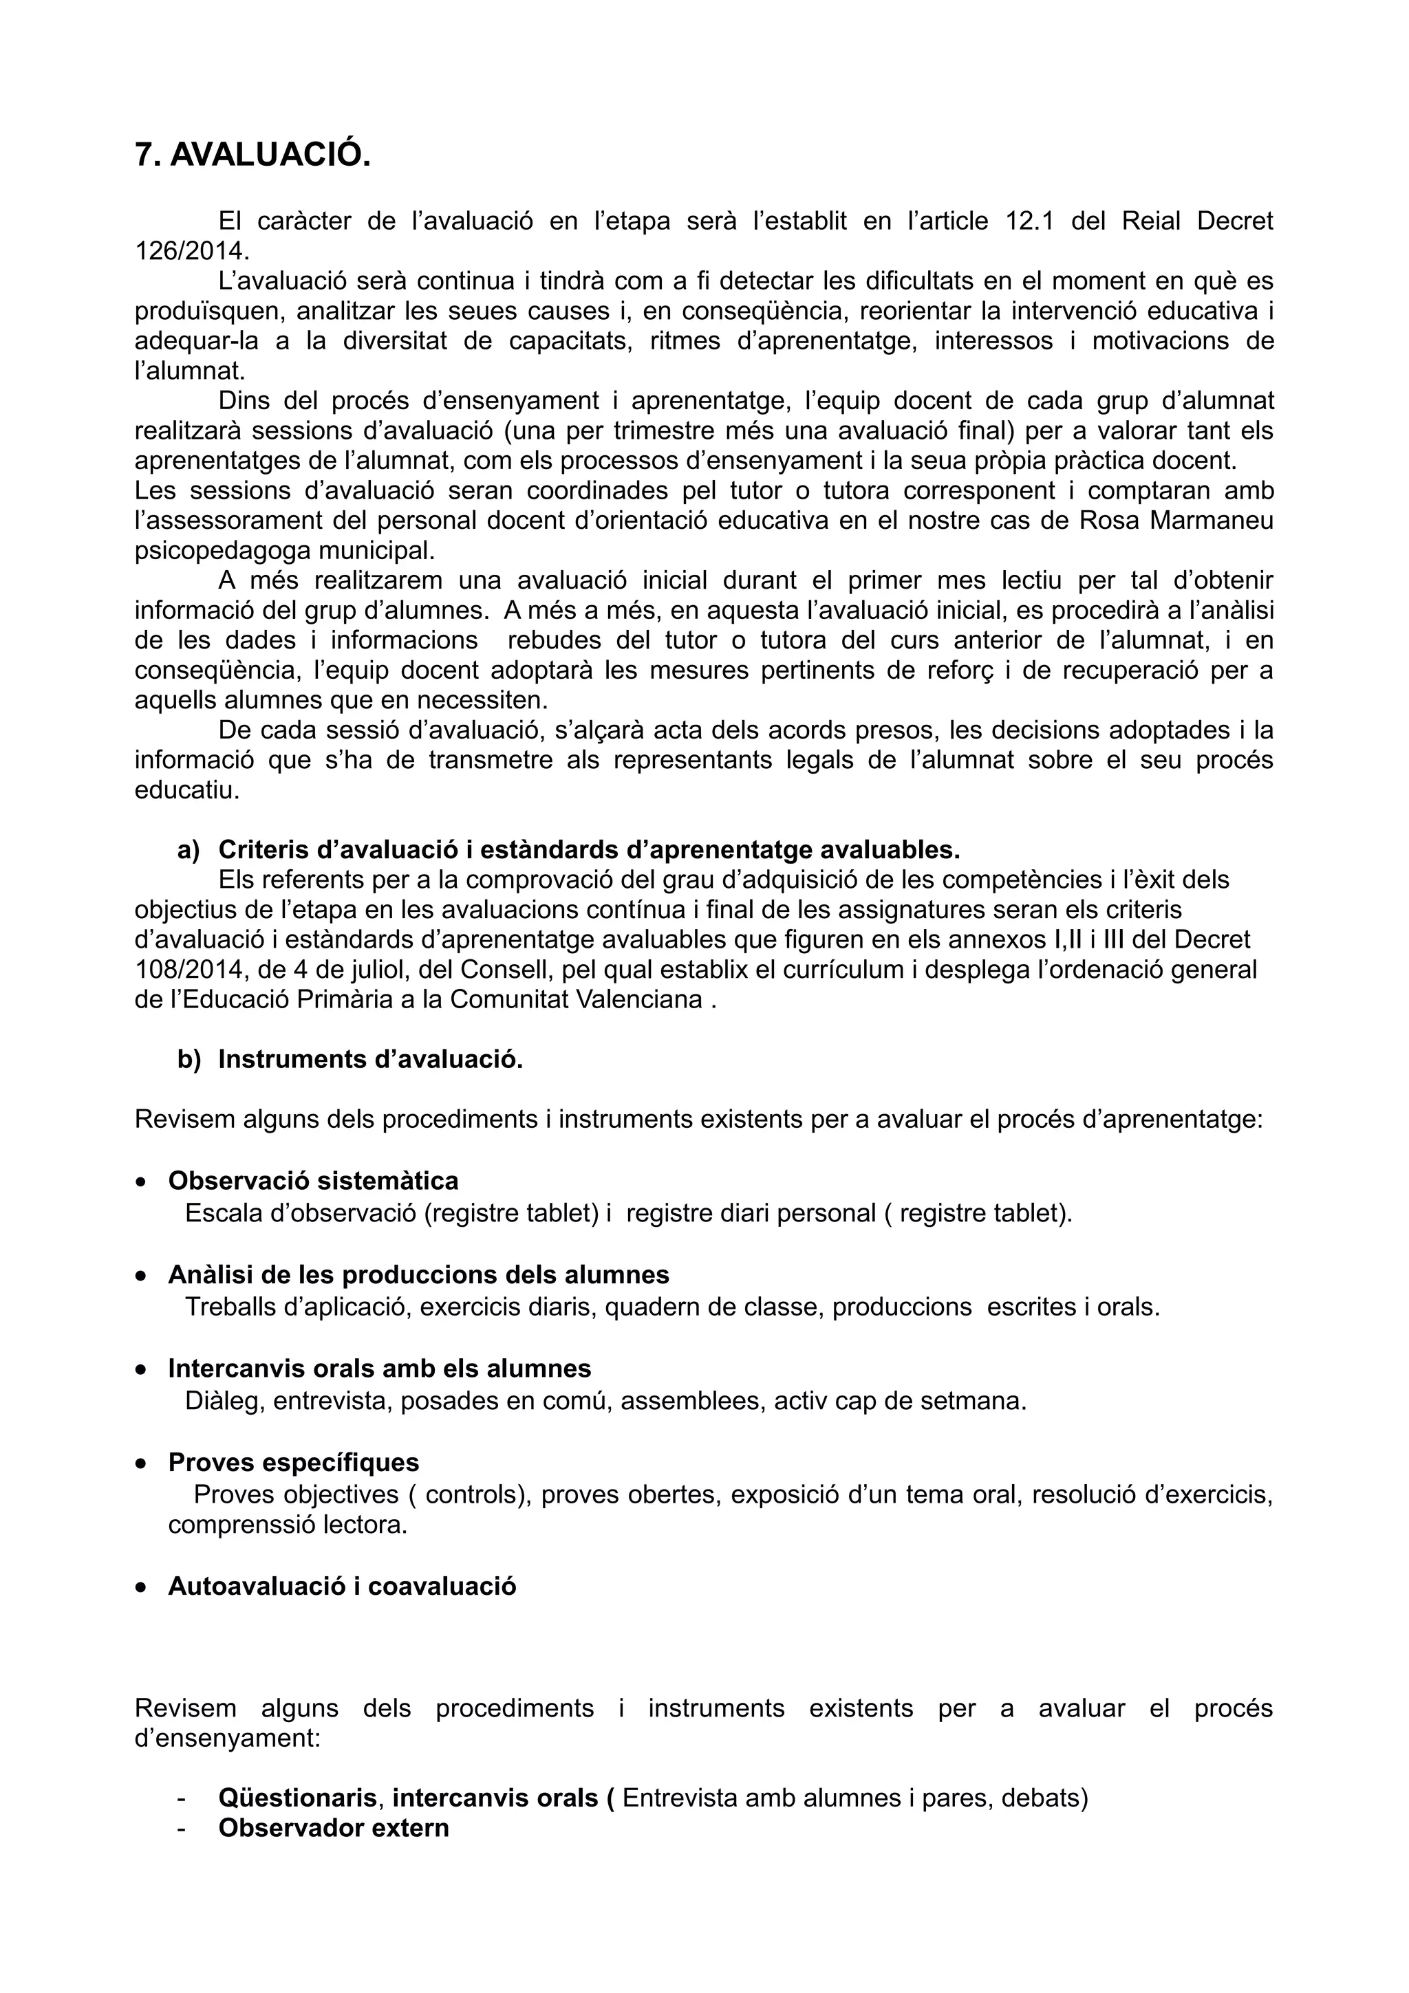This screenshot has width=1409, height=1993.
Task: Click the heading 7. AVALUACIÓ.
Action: pos(252,155)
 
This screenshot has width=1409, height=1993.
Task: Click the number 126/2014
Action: pos(190,251)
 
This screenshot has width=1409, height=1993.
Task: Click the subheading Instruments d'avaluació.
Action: pos(371,1059)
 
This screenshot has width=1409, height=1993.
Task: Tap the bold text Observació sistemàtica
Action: pos(314,1181)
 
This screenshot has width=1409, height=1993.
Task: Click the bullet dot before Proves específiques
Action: pos(140,1463)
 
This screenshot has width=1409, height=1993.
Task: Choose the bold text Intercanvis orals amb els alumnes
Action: pos(379,1368)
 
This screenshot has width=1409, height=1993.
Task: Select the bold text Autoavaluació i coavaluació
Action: pos(342,1586)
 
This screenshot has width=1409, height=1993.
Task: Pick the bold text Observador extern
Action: pos(334,1827)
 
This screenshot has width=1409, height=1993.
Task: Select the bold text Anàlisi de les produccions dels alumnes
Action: pos(418,1274)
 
